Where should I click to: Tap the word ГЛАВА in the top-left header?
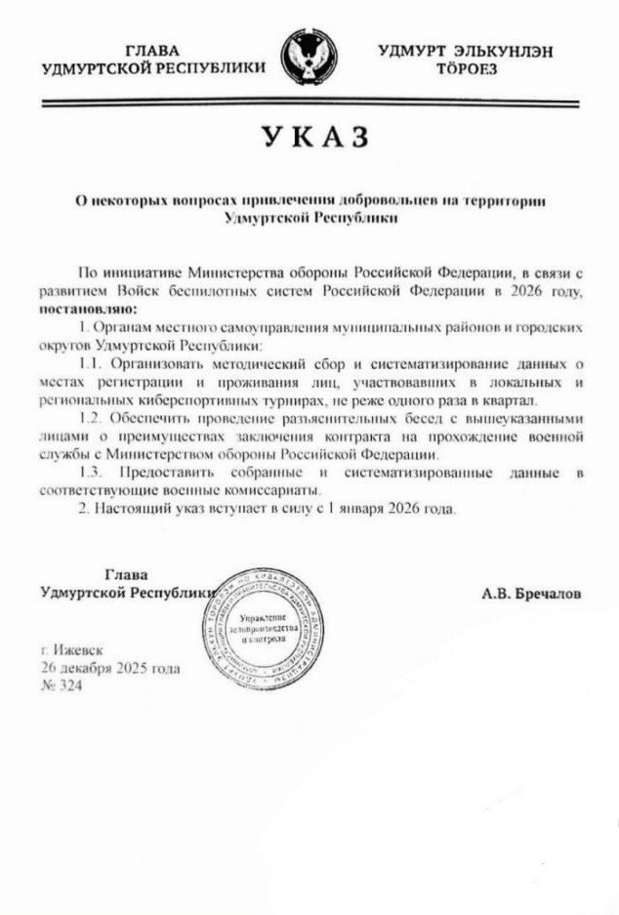[154, 50]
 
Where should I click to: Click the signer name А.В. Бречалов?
[531, 593]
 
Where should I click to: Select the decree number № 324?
[62, 686]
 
